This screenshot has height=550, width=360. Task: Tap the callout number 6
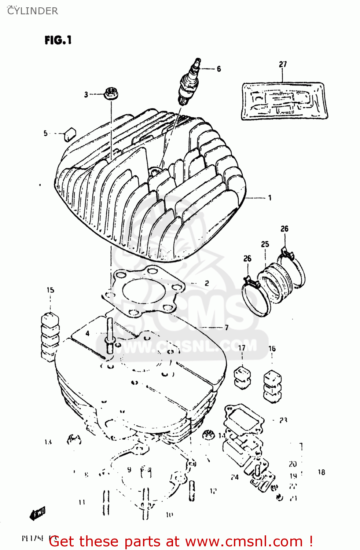point(219,69)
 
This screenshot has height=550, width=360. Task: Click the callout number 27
point(283,65)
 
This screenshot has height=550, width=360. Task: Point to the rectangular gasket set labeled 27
point(284,101)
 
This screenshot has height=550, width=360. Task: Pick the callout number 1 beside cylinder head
point(270,198)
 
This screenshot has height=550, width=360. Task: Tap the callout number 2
point(207,283)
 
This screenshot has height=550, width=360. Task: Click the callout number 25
point(265,244)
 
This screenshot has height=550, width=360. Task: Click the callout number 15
point(50,290)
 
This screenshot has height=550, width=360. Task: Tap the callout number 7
point(227,327)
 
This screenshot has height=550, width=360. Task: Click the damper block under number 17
point(242,377)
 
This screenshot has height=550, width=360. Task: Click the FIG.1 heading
point(58,40)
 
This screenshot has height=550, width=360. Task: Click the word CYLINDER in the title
point(33,11)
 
